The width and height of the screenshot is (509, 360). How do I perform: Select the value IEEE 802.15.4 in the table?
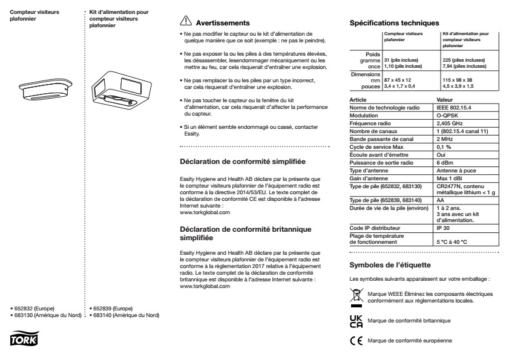pyautogui.click(x=453, y=107)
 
